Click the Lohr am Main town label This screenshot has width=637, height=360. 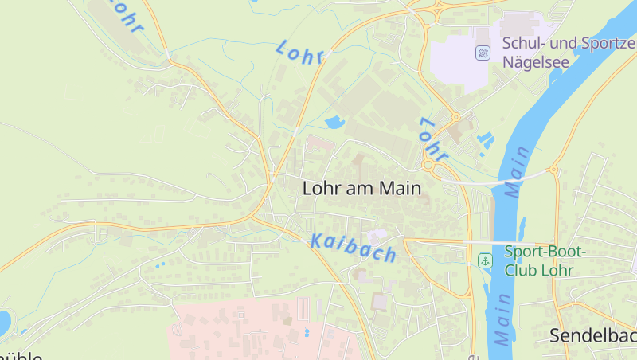tap(361, 189)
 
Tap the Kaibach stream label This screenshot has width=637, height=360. tap(353, 248)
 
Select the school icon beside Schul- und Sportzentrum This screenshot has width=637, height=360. tap(483, 53)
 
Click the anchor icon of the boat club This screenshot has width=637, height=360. tap(484, 260)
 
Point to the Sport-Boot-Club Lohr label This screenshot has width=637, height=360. tap(545, 260)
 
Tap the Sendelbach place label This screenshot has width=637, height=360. tap(592, 336)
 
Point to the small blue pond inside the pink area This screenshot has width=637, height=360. tap(307, 331)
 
